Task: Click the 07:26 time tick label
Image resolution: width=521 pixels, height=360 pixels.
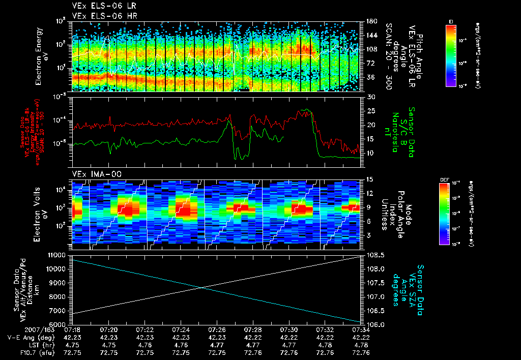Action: (x=217, y=330)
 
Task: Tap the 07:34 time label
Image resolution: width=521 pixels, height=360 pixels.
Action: (x=361, y=330)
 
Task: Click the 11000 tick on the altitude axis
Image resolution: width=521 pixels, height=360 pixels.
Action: (x=57, y=255)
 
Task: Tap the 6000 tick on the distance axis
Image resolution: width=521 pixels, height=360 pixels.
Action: (x=59, y=324)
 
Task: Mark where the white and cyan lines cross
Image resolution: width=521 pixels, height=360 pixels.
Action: (x=202, y=288)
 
